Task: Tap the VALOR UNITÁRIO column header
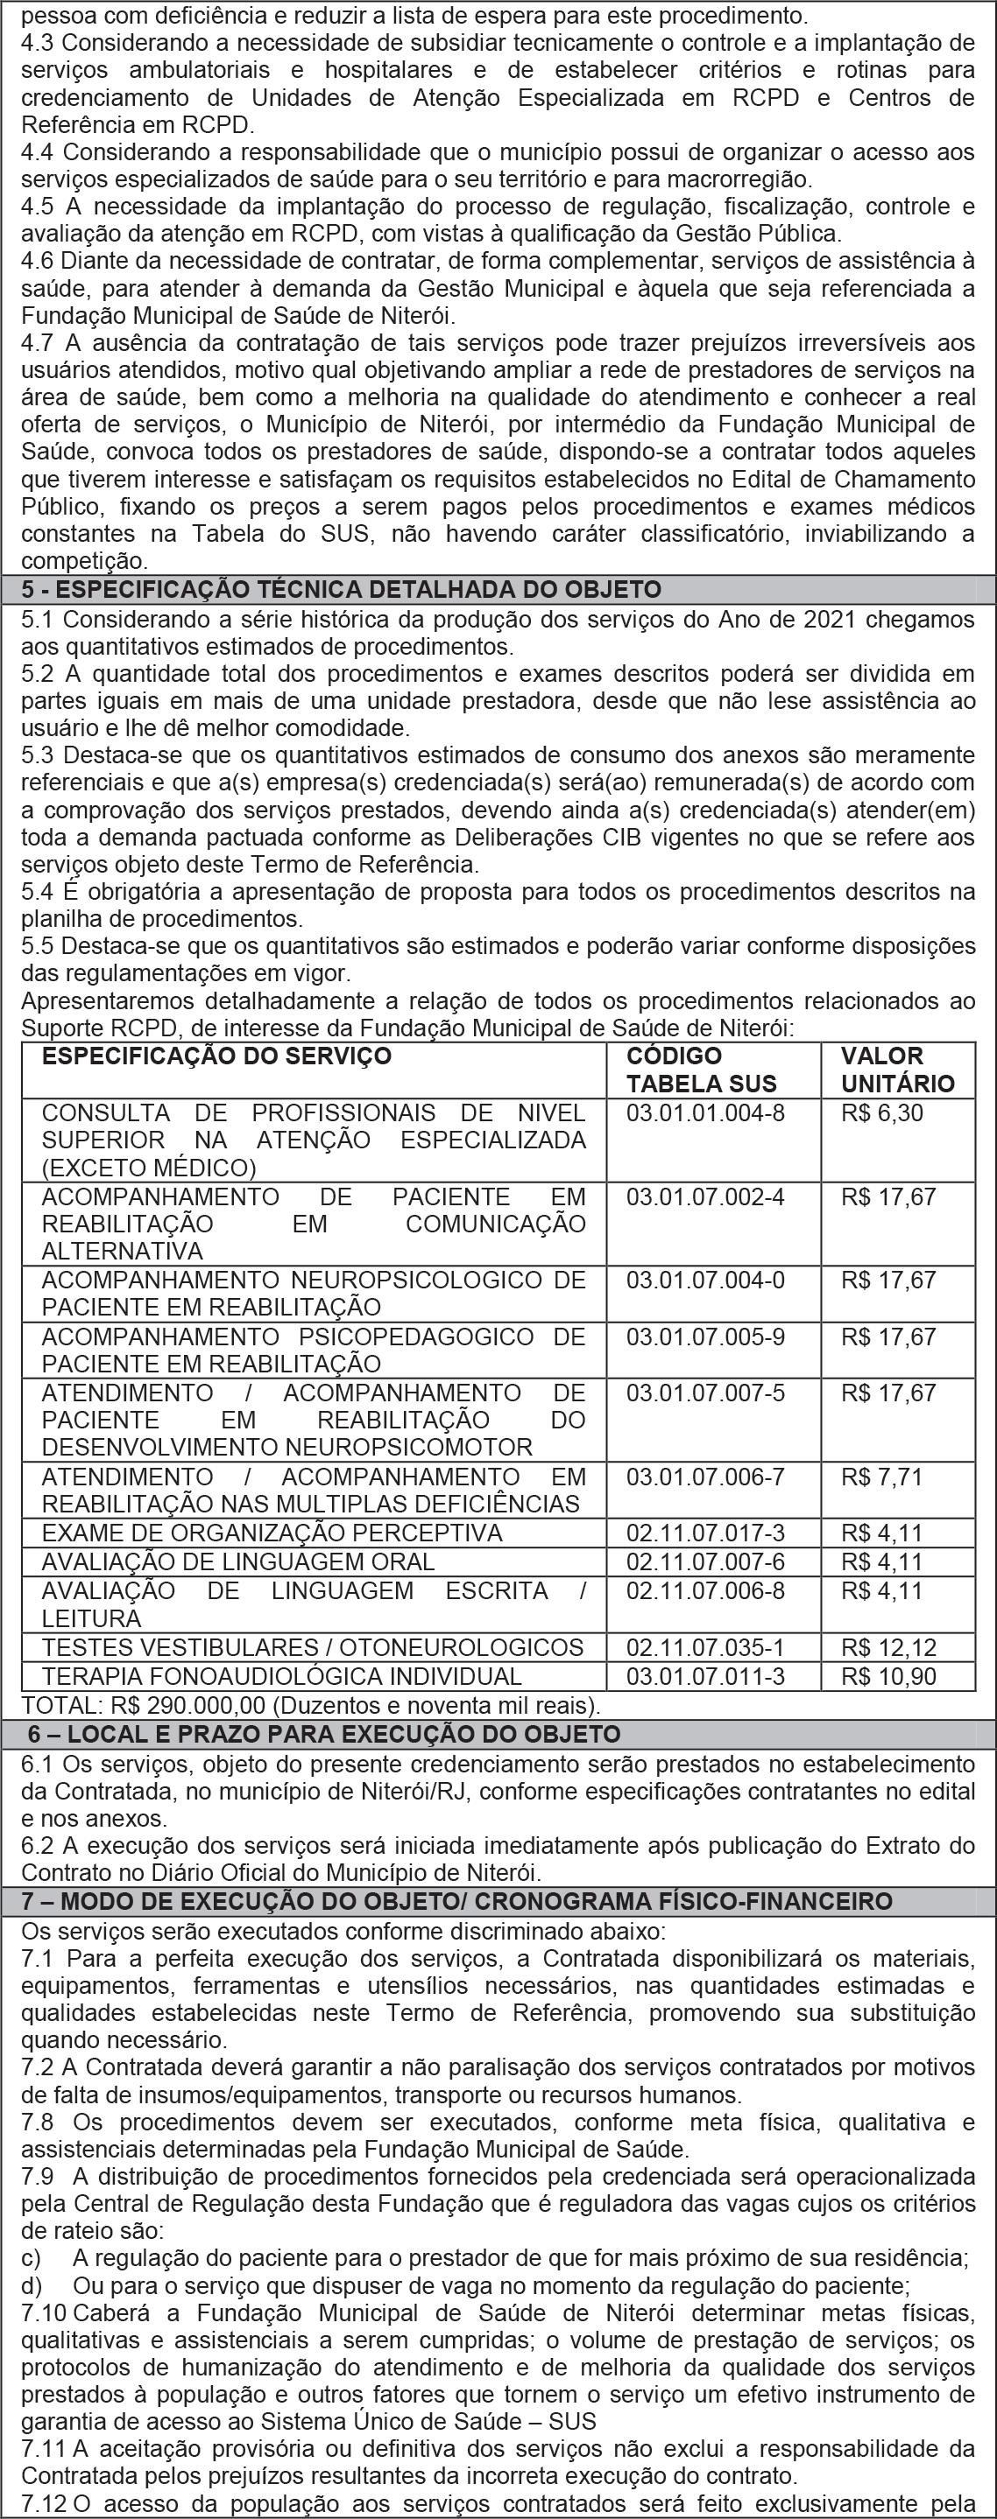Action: [x=896, y=1069]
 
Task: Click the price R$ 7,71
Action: [x=881, y=1477]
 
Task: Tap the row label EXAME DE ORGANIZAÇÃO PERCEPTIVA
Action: [x=271, y=1533]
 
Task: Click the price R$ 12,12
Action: [x=888, y=1648]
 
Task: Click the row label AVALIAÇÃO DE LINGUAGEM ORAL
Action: [x=237, y=1561]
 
